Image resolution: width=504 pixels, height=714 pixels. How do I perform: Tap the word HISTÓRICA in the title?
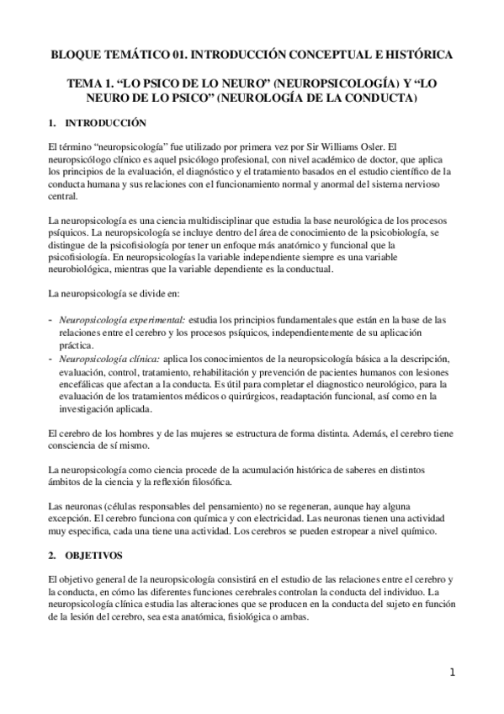tap(415, 55)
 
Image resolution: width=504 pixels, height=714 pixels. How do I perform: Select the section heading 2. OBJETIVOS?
tap(86, 557)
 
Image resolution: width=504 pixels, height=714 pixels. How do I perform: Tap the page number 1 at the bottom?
tap(452, 672)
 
